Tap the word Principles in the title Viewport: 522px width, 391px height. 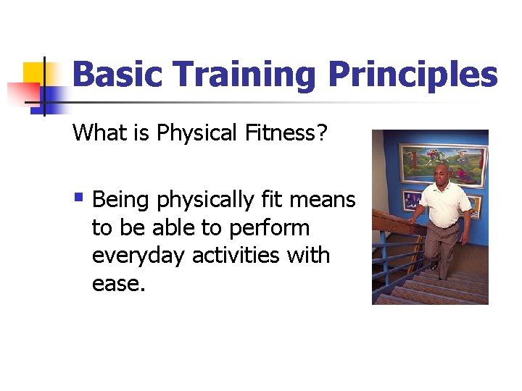pos(413,75)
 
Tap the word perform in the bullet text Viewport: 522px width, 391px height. pos(269,227)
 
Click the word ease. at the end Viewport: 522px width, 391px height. pos(119,284)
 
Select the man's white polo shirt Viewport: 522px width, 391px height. pos(447,202)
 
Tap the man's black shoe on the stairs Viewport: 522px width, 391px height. pos(434,266)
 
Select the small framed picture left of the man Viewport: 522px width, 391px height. pos(411,200)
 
